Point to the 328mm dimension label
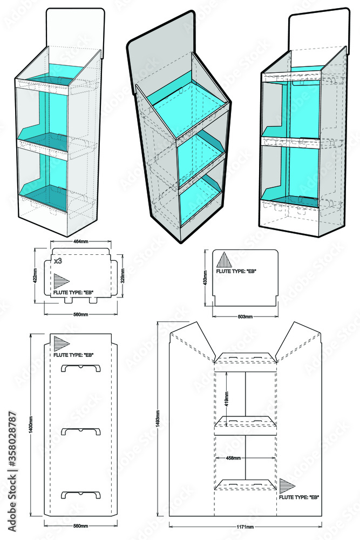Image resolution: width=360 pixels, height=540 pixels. [123, 275]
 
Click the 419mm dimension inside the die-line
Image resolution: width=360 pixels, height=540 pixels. [227, 399]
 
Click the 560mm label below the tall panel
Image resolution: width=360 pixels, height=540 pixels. [80, 525]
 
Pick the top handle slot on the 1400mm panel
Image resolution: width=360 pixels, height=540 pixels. [81, 368]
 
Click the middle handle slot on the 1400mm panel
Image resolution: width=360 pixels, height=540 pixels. [81, 431]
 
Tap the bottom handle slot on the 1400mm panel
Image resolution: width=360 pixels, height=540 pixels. [81, 495]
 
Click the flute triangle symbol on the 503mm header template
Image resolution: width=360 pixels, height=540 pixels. [222, 261]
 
